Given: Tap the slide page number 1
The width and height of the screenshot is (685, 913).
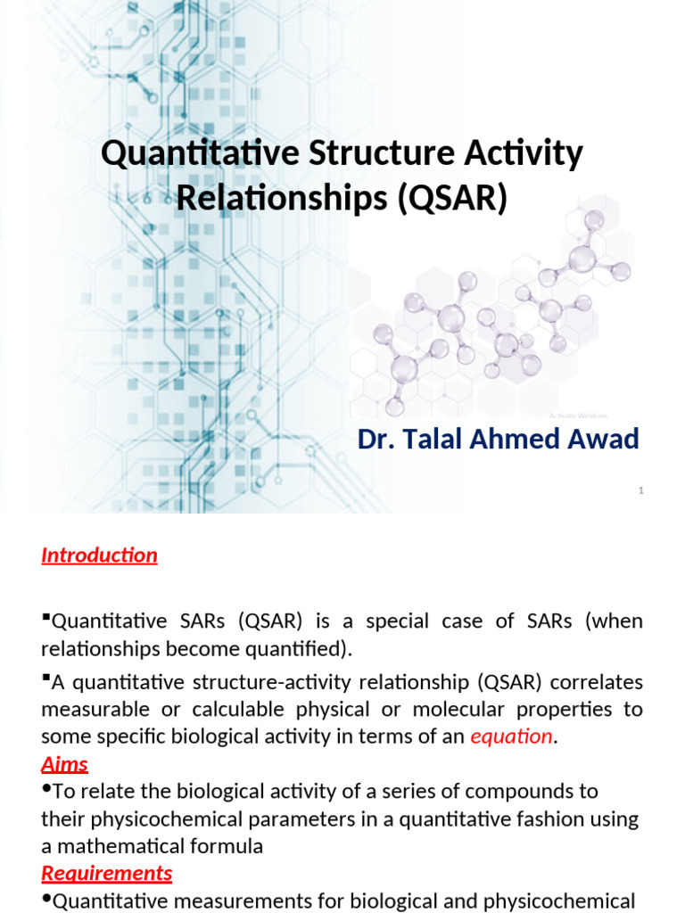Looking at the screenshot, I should click(640, 490).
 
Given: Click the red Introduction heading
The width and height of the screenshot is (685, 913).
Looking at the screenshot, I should click(99, 555).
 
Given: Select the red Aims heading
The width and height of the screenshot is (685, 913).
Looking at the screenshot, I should click(65, 764).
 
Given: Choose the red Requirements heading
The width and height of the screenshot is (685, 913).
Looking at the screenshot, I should click(107, 873).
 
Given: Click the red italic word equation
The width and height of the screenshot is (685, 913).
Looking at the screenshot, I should click(511, 736).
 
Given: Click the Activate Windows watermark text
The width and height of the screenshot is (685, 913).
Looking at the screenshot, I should click(579, 415).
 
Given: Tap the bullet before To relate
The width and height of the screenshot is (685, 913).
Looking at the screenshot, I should click(46, 789).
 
